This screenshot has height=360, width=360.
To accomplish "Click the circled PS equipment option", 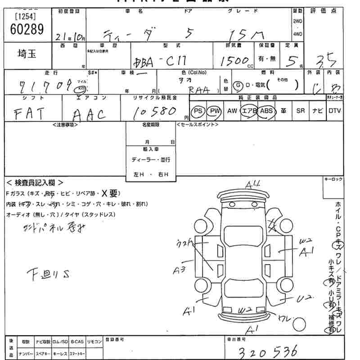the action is [198, 111].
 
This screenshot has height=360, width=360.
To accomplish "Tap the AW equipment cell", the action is [232, 111].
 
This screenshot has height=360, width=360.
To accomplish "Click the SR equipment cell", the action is [300, 111].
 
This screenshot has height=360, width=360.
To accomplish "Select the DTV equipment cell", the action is [334, 111].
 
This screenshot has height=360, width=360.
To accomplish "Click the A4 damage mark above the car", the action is [253, 184].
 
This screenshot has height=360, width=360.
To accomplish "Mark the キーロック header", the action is [333, 179].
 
